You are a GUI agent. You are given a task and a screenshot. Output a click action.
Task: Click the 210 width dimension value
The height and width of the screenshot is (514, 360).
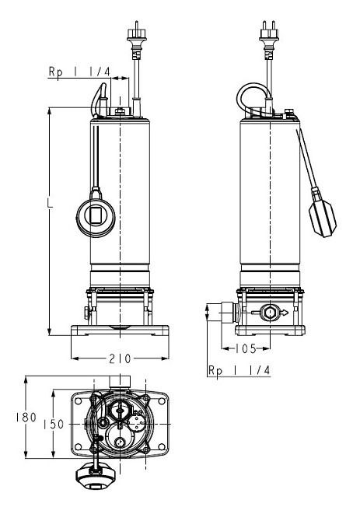click(x=120, y=359)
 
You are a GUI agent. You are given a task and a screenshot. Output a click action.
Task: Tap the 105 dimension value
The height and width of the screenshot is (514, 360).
click(x=245, y=348)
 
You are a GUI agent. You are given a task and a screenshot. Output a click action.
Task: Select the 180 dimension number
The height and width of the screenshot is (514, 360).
click(x=26, y=418)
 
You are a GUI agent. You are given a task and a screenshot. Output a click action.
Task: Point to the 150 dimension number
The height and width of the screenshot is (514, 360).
click(x=54, y=425)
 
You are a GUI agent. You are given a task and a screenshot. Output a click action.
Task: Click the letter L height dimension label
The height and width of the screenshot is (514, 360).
click(x=50, y=203)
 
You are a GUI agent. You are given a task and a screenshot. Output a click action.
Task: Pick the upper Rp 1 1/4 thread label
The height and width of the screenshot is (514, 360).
click(x=79, y=72)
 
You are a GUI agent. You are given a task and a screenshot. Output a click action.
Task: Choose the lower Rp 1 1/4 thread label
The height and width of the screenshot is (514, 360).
click(x=239, y=370)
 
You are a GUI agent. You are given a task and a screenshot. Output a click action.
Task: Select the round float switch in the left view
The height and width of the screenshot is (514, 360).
click(x=96, y=215)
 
